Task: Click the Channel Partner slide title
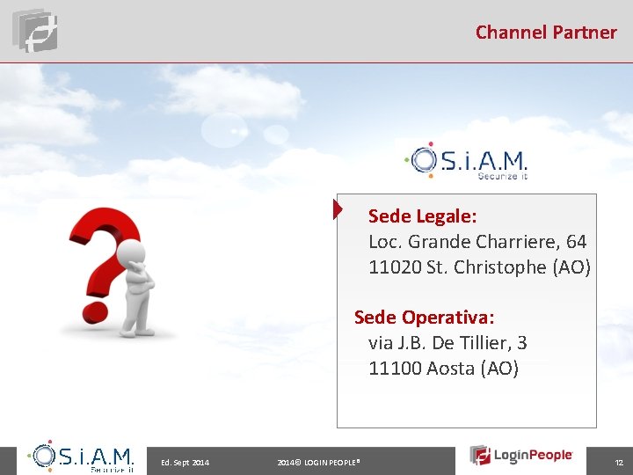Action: (546, 33)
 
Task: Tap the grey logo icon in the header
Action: (35, 30)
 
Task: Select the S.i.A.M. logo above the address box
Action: (465, 161)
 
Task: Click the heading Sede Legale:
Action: (422, 216)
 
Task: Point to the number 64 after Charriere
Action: (577, 241)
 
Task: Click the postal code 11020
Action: (395, 267)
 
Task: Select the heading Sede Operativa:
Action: (424, 317)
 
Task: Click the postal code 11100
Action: (395, 368)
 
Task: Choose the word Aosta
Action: (450, 368)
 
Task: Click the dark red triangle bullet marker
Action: (338, 209)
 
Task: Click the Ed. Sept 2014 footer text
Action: (185, 462)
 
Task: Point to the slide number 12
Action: (618, 462)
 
